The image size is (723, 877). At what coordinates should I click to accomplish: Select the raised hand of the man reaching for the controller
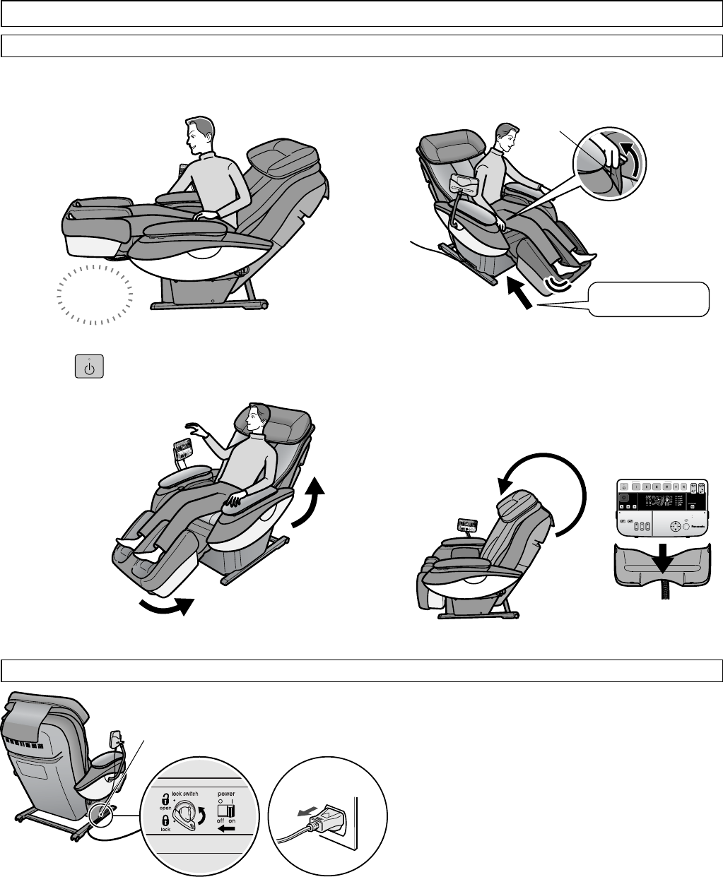coord(193,427)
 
